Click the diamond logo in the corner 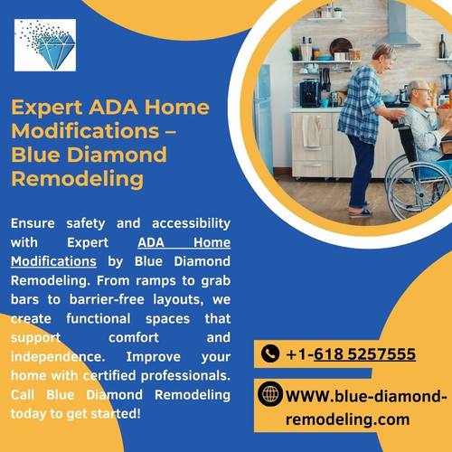tap(46, 45)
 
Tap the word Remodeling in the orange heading tap(77, 178)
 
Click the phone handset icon tap(269, 353)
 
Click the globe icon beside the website tap(269, 395)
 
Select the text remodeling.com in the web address tap(348, 419)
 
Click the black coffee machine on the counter tap(310, 91)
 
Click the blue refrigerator tap(263, 127)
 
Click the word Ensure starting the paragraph tap(34, 223)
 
